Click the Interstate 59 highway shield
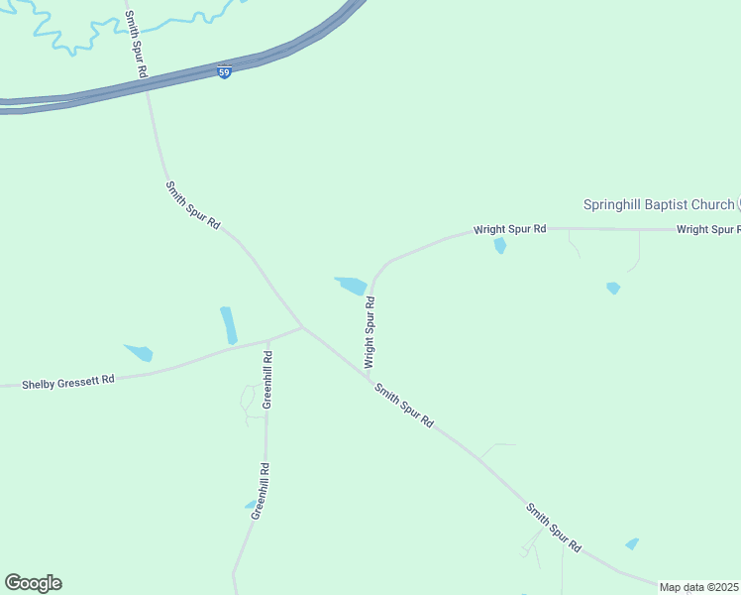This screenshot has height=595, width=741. pos(225,72)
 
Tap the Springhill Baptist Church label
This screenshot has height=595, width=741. pos(658,205)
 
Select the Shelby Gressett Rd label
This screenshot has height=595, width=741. pos(69,381)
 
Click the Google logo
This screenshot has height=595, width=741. pos(33,583)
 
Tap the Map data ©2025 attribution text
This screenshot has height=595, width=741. pos(699,587)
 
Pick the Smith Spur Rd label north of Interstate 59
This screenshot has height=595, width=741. pos(136,44)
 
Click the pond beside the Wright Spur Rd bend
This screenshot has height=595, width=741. pos(351,286)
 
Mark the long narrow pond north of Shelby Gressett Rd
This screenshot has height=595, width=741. pos(229,324)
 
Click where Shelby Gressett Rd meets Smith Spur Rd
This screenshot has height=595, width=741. pos(302,327)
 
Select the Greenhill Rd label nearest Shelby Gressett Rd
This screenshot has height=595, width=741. pos(267,379)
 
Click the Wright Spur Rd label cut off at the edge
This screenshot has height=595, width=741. pos(707,230)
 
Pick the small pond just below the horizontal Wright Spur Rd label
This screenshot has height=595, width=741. pos(500,245)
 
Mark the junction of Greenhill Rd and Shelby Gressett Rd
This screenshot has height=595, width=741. pos(267,340)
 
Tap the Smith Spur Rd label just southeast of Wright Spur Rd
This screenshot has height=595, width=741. pos(404,406)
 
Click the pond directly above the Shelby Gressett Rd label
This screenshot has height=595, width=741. pos(139,352)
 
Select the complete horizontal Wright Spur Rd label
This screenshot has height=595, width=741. pos(509,229)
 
